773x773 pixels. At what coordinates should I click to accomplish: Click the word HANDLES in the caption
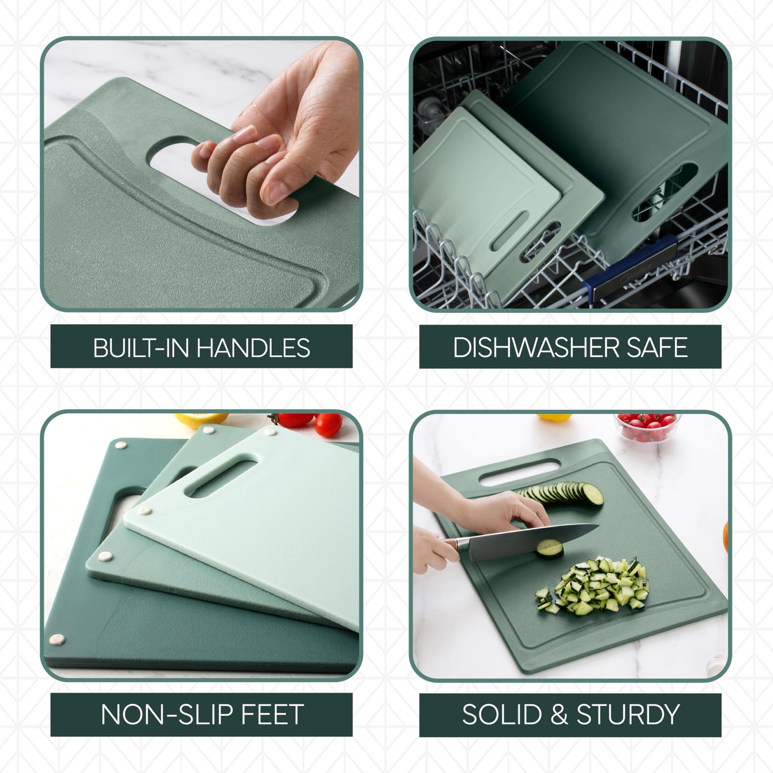(253, 348)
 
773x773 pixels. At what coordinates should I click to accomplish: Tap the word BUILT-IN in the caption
(142, 348)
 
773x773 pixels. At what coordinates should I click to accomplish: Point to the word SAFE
(657, 348)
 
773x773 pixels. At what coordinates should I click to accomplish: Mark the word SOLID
(502, 715)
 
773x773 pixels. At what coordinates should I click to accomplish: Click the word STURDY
(628, 715)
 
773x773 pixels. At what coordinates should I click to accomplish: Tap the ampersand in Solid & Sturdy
(559, 715)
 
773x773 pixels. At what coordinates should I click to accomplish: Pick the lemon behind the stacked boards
(201, 419)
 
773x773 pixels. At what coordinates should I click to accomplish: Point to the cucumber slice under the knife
(550, 548)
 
